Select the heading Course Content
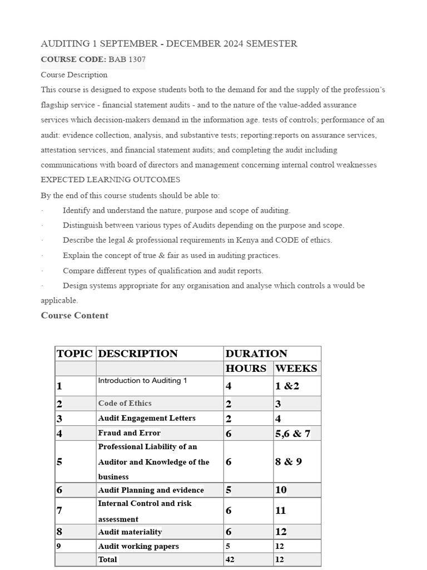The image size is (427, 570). (75, 316)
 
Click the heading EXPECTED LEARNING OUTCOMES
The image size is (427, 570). (110, 180)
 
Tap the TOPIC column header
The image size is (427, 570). (75, 353)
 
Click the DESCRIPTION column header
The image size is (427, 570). (138, 353)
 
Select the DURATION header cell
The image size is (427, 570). (256, 353)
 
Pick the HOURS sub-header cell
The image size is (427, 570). (246, 368)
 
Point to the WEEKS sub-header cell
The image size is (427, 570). (296, 368)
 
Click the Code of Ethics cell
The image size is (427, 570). (125, 403)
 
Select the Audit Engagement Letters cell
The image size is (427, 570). (147, 418)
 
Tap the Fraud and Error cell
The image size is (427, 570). (129, 433)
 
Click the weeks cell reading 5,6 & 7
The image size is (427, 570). (292, 433)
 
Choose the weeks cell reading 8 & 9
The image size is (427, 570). (288, 461)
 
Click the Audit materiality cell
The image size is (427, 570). (130, 532)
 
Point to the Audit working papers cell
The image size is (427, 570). (138, 546)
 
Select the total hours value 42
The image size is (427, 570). (230, 559)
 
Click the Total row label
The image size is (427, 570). (107, 559)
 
